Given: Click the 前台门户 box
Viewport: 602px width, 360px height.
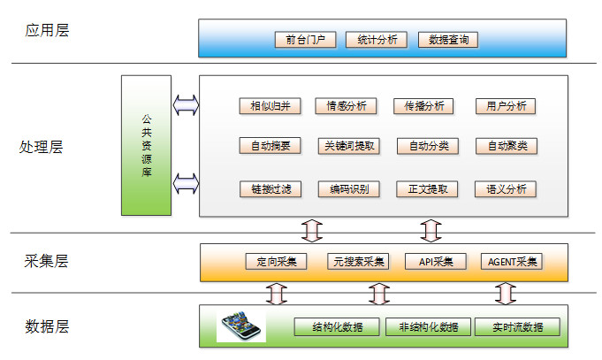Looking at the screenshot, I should [x=305, y=40].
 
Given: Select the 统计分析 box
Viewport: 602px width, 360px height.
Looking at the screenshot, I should [x=377, y=40].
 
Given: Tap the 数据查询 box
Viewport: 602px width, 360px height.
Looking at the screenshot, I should [x=447, y=40].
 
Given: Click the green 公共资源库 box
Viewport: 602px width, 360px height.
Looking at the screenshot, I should [x=146, y=145].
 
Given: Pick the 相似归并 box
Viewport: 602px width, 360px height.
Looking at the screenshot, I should [x=271, y=106].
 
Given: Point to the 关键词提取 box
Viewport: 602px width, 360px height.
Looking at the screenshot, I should [x=348, y=146].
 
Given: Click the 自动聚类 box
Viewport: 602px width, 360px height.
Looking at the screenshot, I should [x=506, y=146].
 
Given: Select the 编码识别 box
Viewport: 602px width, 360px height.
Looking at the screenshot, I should [x=348, y=188].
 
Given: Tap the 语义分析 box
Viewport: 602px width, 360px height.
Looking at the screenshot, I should [x=506, y=188].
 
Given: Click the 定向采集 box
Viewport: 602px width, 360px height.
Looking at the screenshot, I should [x=276, y=262].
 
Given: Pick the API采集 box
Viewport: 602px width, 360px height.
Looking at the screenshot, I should [x=435, y=262].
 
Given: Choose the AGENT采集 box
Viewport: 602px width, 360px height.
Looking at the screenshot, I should [x=512, y=262].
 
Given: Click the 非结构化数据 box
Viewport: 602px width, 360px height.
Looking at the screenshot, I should [x=428, y=327].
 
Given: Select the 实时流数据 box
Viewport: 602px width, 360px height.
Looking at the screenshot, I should [x=517, y=327].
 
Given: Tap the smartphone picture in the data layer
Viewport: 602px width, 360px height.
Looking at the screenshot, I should [x=240, y=325].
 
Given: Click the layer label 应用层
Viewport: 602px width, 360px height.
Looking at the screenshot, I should [x=47, y=31].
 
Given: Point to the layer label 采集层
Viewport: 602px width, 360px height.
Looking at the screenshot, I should [x=47, y=261].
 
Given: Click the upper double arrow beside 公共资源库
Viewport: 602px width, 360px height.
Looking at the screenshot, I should [x=187, y=105].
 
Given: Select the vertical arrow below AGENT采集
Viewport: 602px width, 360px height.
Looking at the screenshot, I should [x=506, y=291].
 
